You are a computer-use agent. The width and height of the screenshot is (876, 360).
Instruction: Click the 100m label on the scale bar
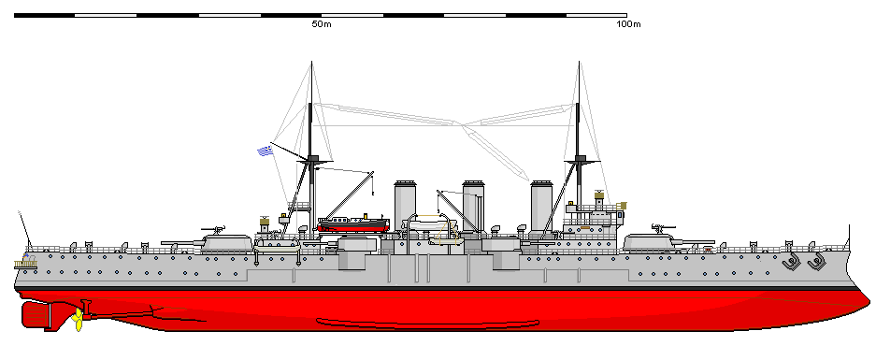coord(627,24)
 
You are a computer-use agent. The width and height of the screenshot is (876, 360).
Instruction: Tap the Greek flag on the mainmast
coord(266,150)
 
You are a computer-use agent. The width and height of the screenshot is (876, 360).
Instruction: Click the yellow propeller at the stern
coord(77,320)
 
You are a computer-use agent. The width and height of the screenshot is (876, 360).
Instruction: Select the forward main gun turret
coord(651,242)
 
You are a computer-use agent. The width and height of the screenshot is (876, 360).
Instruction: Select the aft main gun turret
coord(227,242)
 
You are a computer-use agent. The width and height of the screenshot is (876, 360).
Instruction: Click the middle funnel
coord(473,206)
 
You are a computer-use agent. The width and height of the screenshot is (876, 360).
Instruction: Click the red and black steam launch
coord(353,223)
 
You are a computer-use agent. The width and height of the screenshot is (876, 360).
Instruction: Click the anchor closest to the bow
coord(815,263)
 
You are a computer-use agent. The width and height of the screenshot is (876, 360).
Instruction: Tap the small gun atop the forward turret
coord(665,225)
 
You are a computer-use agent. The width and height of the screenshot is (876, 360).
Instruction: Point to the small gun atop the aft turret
coord(216,227)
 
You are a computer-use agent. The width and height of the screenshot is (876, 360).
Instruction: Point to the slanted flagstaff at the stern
coord(23,225)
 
